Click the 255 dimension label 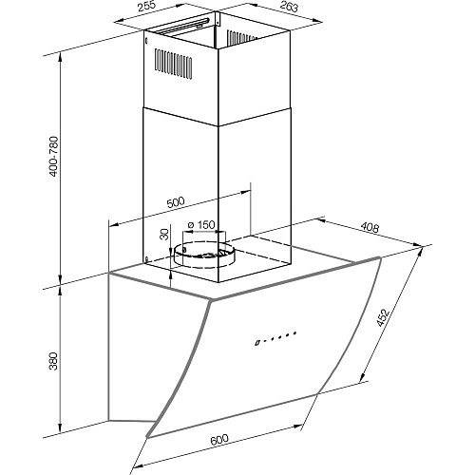pyautogui.click(x=147, y=7)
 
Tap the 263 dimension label pyautogui.click(x=289, y=7)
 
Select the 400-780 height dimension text pyautogui.click(x=54, y=157)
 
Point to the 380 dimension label pyautogui.click(x=54, y=361)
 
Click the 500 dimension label pyautogui.click(x=175, y=202)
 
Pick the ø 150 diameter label pyautogui.click(x=201, y=225)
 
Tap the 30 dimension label pyautogui.click(x=164, y=235)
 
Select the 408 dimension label pyautogui.click(x=370, y=227)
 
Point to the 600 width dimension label pyautogui.click(x=218, y=440)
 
